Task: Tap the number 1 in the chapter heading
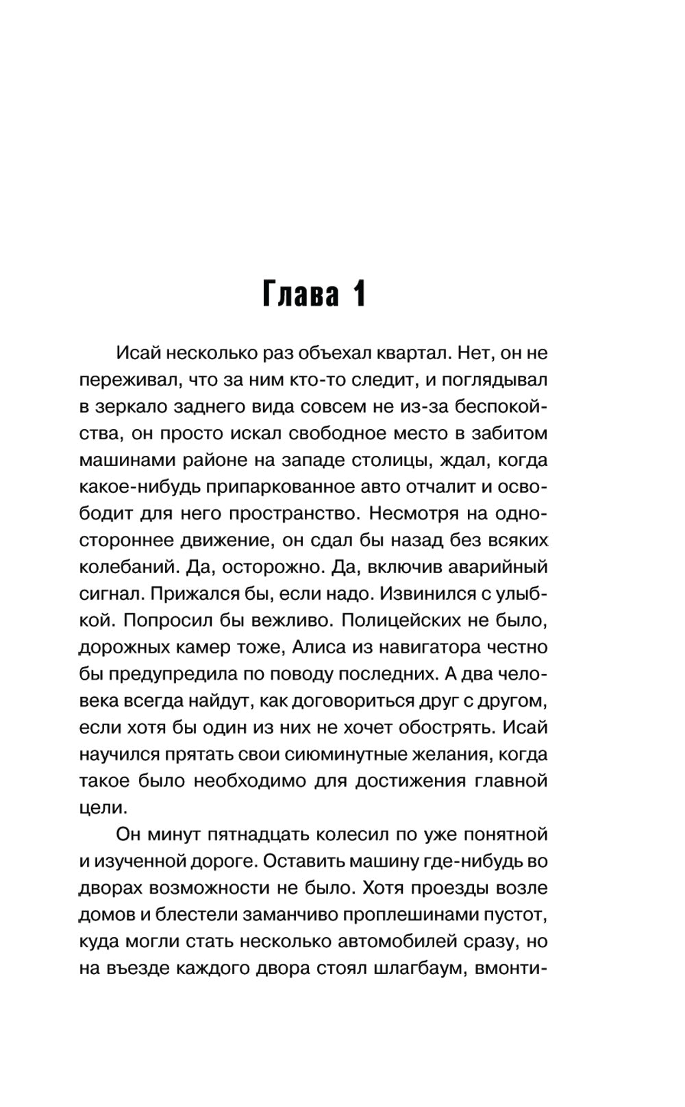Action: [358, 293]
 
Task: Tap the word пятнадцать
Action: [256, 834]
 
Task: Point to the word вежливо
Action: [288, 620]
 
